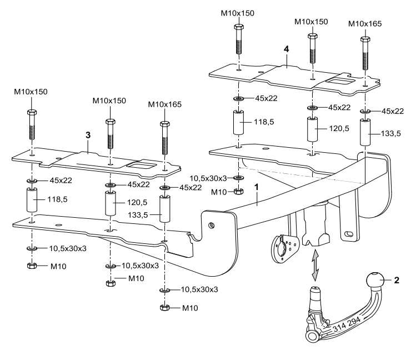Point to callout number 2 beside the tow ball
(397, 281)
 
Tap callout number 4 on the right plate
(285, 49)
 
